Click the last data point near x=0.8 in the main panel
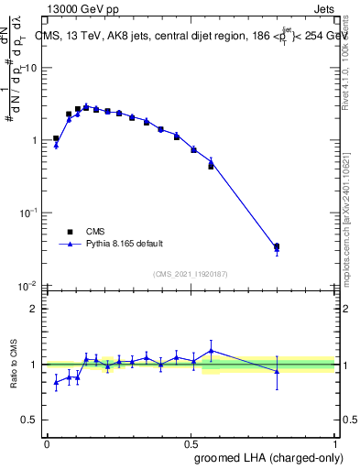point(277,246)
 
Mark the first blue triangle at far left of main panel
point(56,145)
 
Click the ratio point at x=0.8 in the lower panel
point(277,371)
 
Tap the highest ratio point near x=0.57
point(212,350)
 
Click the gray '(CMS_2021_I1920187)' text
point(191,273)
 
